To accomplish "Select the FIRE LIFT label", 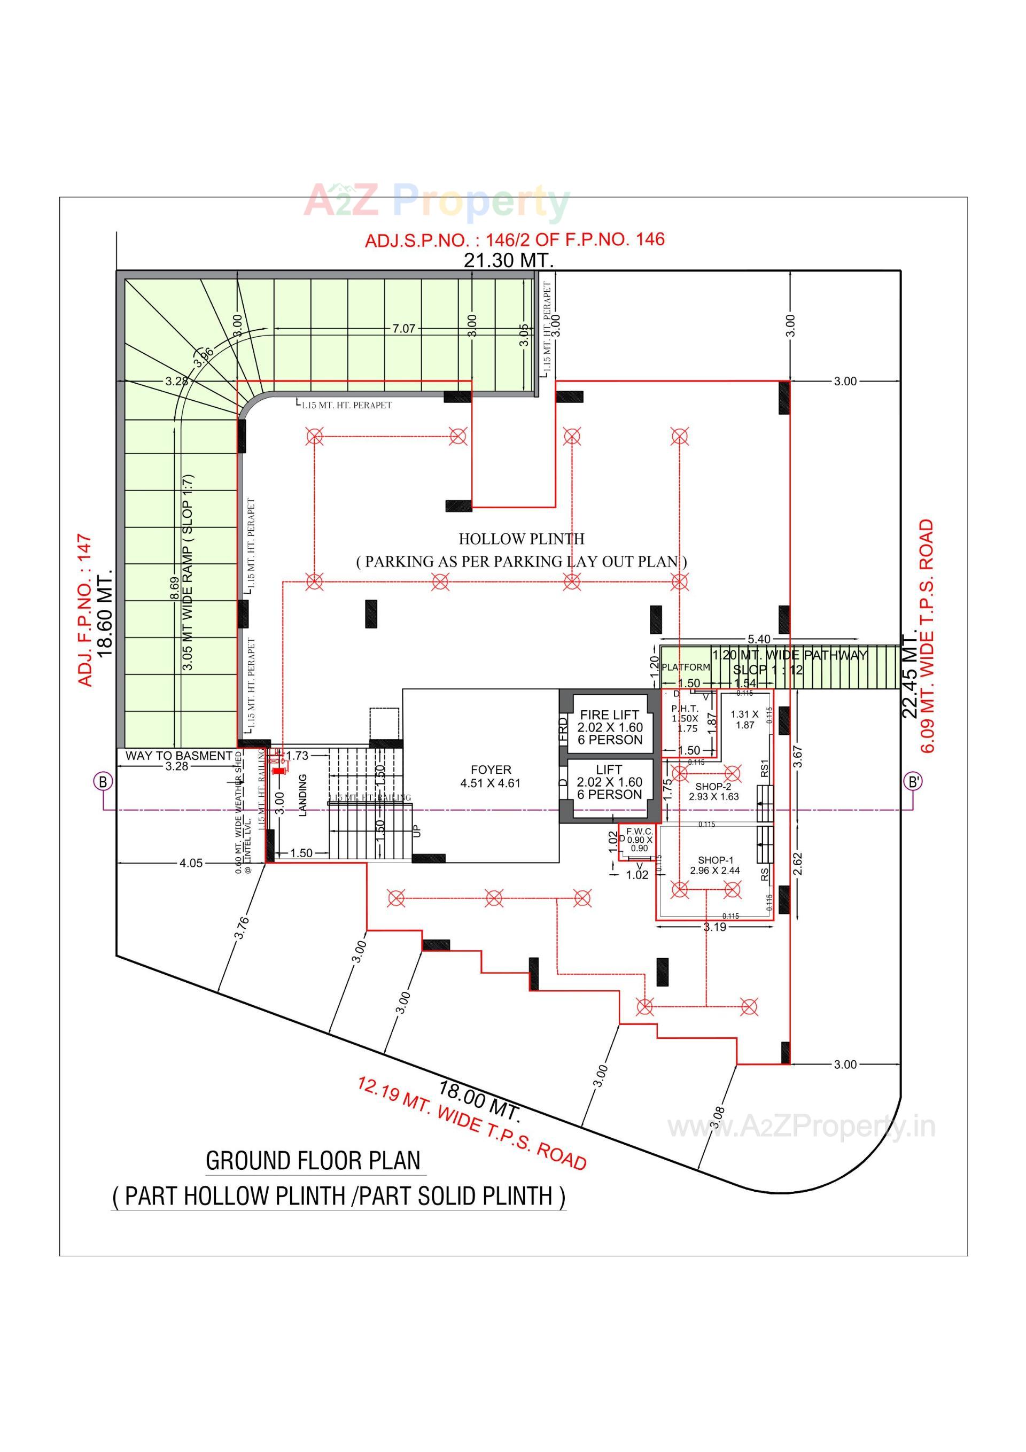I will coord(610,715).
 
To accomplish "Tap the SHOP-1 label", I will coord(716,860).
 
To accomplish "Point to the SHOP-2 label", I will coord(713,787).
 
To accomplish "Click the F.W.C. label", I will coord(639,832).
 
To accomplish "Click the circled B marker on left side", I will coord(103,781).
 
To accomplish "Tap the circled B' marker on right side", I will coord(914,781).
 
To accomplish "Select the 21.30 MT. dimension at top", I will coord(509,260).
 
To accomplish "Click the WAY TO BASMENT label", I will coord(178,756).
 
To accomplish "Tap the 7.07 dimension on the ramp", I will coord(403,329).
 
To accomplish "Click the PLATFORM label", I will coord(686,667).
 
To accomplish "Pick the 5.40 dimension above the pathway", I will coord(759,639).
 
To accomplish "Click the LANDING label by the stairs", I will coord(302,795).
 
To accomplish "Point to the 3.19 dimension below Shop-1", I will coord(715,927).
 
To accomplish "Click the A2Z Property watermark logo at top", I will coord(437,201).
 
